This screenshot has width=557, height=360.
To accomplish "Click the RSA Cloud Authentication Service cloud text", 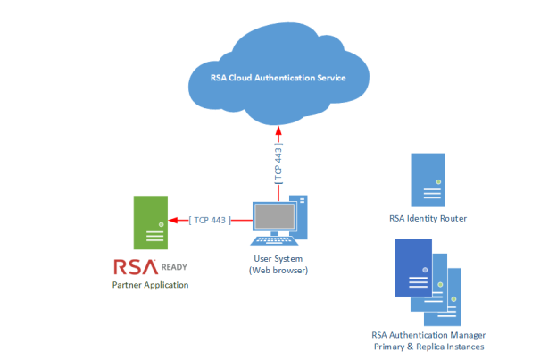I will pyautogui.click(x=278, y=77).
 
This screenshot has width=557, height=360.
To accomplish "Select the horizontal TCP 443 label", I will pyautogui.click(x=209, y=219).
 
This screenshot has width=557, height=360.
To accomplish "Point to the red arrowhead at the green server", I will pyautogui.click(x=176, y=219).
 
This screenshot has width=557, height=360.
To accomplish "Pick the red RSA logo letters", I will pyautogui.click(x=135, y=266).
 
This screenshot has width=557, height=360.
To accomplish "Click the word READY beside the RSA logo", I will pyautogui.click(x=174, y=266).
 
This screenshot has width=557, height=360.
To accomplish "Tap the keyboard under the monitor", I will pyautogui.click(x=276, y=239).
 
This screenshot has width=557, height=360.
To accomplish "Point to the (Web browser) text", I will pyautogui.click(x=278, y=270).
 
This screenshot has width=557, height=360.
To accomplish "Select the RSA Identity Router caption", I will pyautogui.click(x=428, y=218).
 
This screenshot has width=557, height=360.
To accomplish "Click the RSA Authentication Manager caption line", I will pyautogui.click(x=428, y=334).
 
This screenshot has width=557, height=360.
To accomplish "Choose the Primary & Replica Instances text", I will pyautogui.click(x=428, y=346).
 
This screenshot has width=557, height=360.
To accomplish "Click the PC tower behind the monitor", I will pyautogui.click(x=303, y=213).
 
